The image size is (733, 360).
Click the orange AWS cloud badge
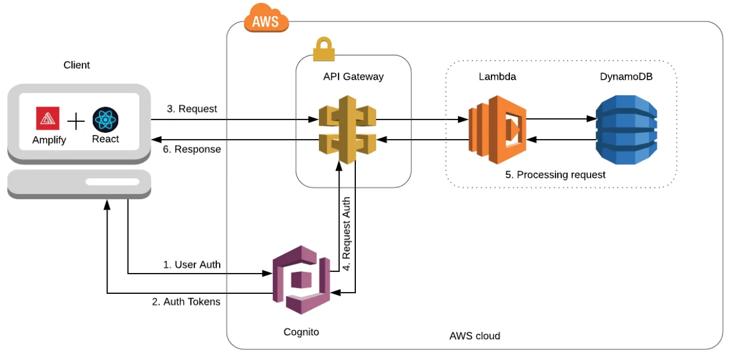(266, 21)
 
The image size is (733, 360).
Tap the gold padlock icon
(323, 49)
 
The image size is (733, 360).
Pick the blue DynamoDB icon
(626, 130)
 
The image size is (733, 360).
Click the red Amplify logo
(48, 118)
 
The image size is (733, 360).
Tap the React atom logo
(105, 119)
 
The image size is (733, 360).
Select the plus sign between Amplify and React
(76, 121)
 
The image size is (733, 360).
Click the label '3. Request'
(192, 109)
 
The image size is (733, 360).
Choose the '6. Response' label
(193, 150)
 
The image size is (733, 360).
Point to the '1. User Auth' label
(192, 264)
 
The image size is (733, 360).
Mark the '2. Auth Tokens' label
(186, 302)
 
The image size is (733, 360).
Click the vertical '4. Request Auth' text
(347, 233)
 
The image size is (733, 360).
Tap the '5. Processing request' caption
(555, 175)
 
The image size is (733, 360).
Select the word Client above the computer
(76, 65)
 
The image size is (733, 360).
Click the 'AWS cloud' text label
(475, 336)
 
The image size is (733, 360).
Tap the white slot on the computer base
(112, 182)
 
